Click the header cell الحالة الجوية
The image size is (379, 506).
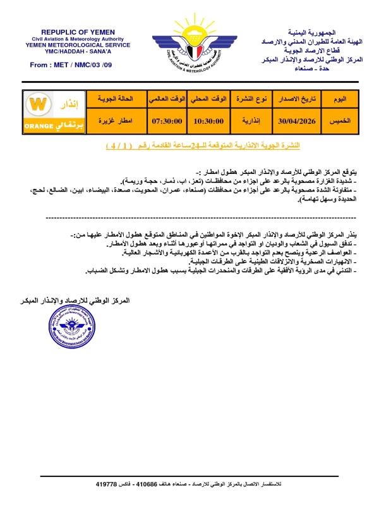115,100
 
